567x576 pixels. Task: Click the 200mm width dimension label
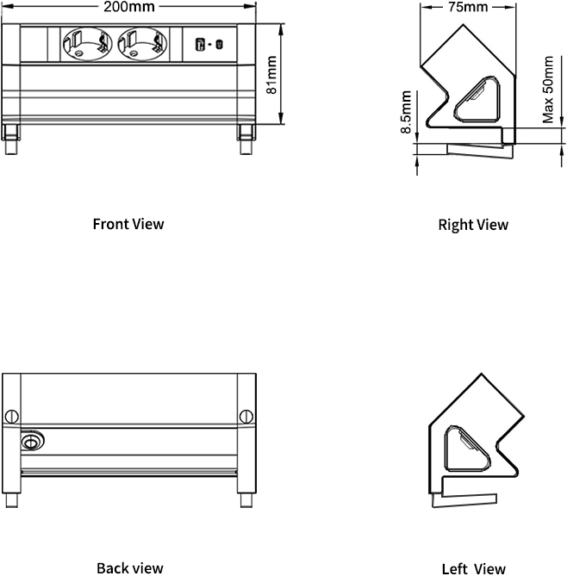[x=129, y=6]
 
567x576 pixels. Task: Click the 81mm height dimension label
[x=272, y=76]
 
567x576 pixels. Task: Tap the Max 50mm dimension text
[x=549, y=90]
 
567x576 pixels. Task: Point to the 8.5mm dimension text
[x=406, y=113]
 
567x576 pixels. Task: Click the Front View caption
[x=128, y=224]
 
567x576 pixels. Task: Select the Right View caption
[x=473, y=225]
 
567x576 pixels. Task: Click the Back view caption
[x=129, y=567]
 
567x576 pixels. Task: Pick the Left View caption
[x=473, y=568]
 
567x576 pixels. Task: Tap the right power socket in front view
[x=141, y=43]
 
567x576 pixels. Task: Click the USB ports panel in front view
[x=209, y=44]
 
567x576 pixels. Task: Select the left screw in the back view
[x=11, y=417]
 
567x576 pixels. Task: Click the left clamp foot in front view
[x=12, y=139]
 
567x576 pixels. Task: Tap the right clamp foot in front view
[x=246, y=139]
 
